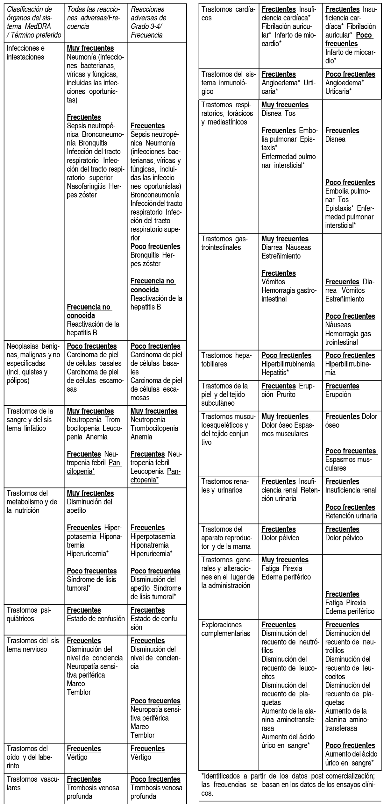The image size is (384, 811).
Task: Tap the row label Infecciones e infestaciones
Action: tap(25, 53)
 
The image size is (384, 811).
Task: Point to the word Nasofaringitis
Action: tap(87, 186)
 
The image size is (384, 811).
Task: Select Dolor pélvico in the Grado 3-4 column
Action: tap(344, 538)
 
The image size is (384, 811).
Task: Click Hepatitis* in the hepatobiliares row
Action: tap(275, 372)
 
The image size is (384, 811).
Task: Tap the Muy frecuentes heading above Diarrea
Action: tap(285, 239)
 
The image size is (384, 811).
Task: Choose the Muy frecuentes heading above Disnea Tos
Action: tap(285, 105)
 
